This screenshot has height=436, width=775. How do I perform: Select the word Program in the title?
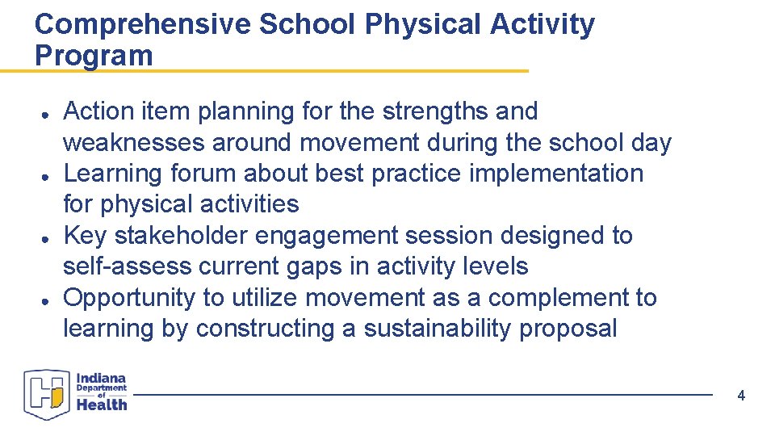[94, 56]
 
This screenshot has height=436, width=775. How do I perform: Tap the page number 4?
[741, 396]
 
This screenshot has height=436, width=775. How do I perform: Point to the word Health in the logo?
[102, 404]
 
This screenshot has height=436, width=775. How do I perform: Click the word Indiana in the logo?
[102, 378]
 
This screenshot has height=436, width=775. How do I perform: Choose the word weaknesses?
[134, 143]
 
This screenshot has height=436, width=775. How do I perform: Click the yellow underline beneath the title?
[264, 71]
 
